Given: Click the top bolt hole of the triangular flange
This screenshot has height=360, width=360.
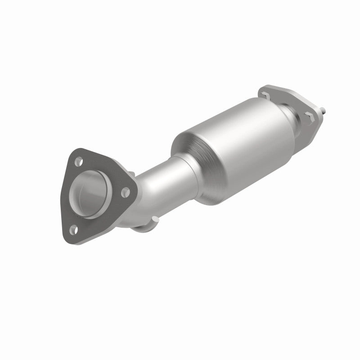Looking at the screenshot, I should pyautogui.click(x=79, y=159).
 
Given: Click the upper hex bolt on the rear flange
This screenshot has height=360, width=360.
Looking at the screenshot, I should pyautogui.click(x=265, y=95).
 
